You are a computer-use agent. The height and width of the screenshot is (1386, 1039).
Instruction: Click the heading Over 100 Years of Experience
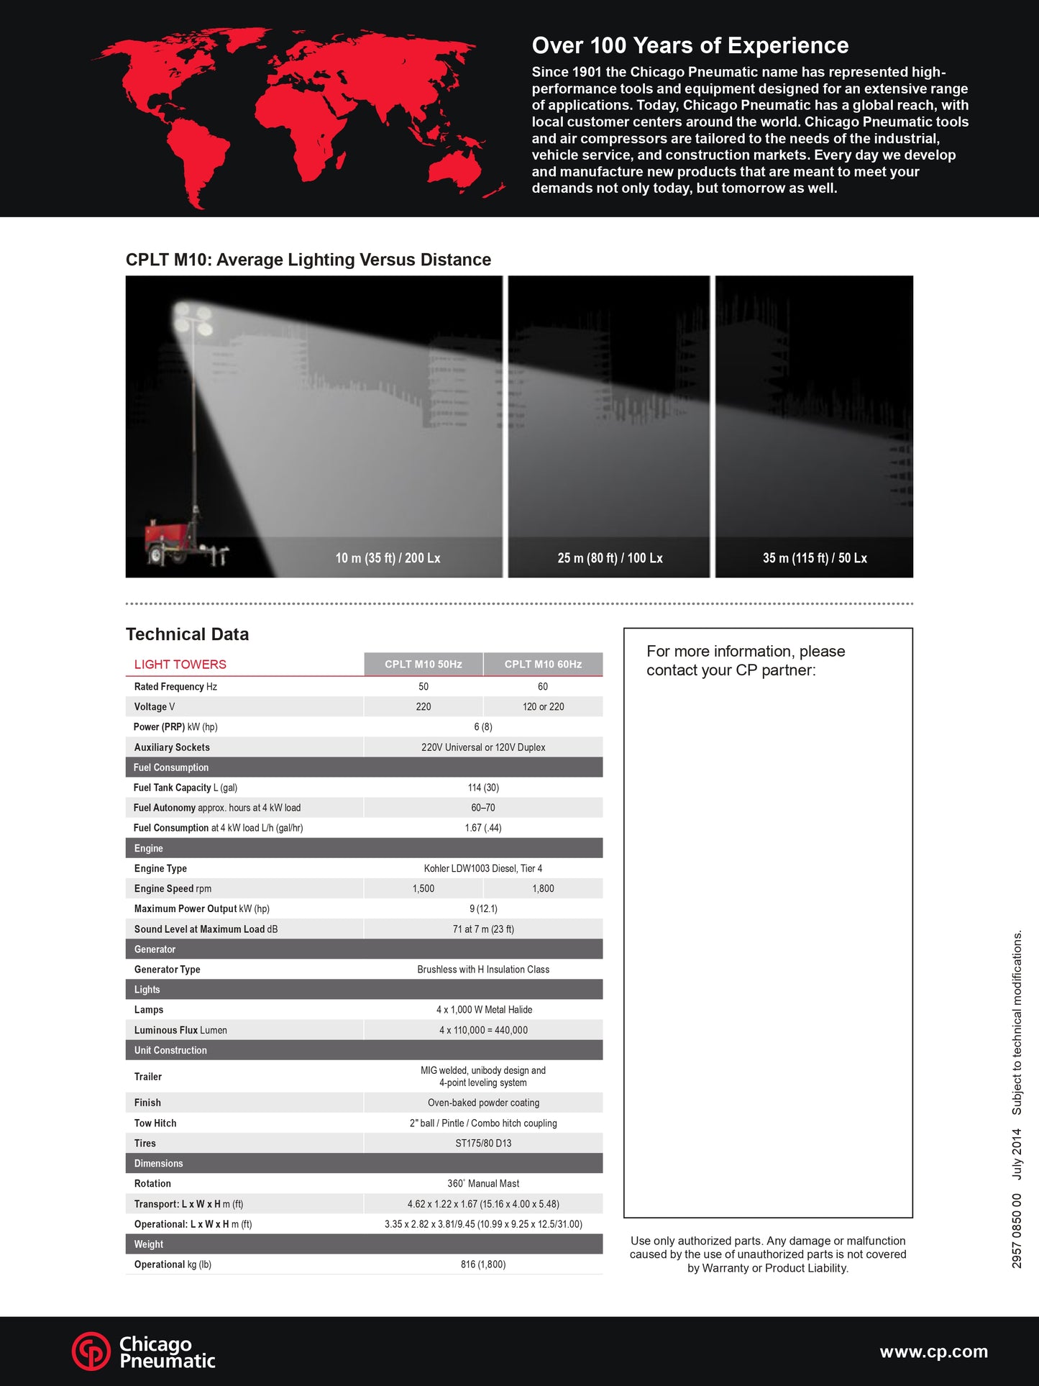690,45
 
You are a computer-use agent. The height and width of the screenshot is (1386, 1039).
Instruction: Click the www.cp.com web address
933,1351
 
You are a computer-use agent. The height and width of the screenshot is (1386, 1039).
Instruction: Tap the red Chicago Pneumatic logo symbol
91,1351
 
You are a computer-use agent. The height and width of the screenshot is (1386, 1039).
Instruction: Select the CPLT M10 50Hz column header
423,664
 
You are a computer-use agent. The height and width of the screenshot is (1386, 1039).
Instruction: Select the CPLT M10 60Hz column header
543,664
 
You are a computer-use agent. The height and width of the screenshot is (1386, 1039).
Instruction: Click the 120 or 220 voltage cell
543,706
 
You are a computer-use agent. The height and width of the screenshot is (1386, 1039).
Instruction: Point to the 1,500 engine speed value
423,888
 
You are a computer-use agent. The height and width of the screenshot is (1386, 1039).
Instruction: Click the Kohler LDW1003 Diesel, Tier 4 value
483,868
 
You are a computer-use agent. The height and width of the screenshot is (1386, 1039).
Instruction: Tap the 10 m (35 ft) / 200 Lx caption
388,558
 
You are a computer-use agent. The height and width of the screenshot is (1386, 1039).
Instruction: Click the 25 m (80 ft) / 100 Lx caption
610,558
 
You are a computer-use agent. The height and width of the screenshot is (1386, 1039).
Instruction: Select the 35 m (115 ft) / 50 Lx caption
815,558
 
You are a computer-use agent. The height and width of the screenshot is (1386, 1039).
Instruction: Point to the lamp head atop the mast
193,321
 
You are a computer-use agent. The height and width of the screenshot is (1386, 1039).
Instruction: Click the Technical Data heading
187,634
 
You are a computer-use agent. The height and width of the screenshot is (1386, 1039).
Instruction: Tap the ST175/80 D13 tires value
483,1143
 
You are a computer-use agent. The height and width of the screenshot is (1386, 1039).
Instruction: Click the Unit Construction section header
170,1050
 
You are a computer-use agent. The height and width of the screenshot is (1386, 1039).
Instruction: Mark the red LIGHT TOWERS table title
180,664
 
